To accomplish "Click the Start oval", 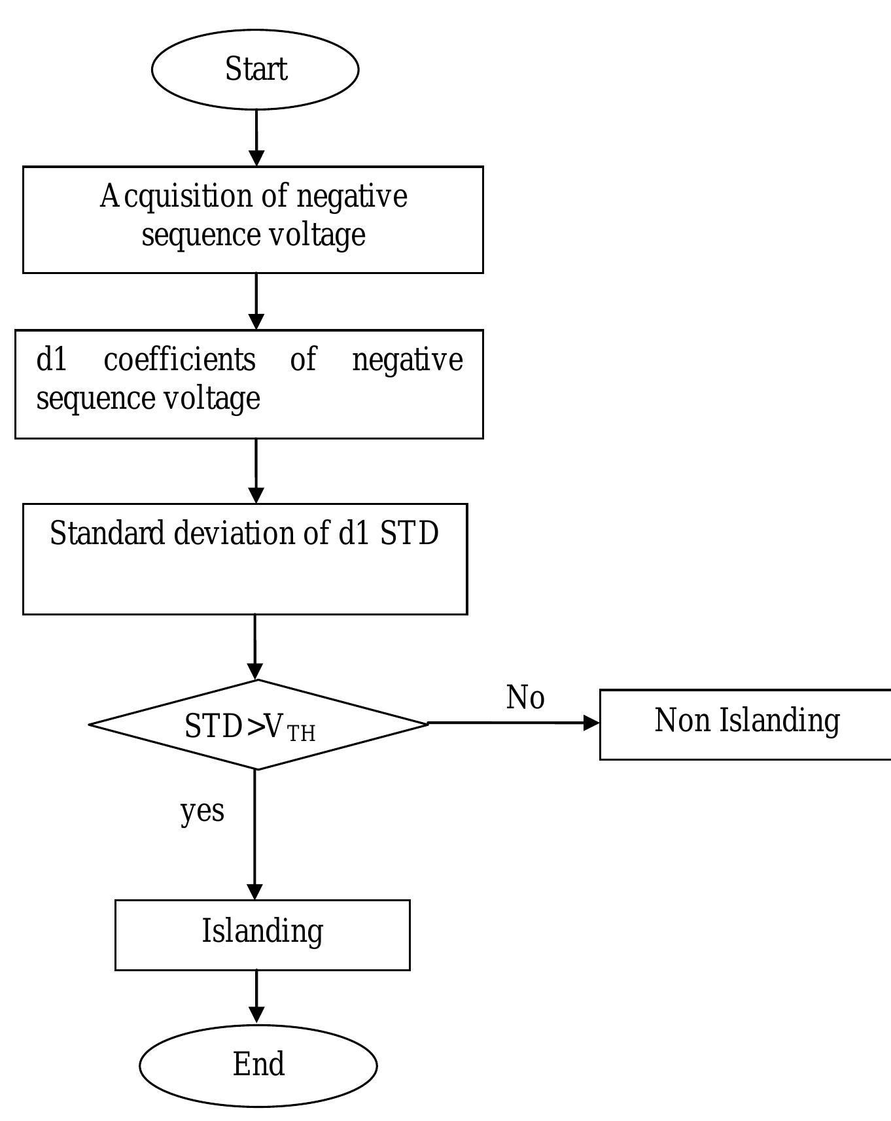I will [x=255, y=69].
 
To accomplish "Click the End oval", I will [x=258, y=1065].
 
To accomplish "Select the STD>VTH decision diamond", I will [x=258, y=725].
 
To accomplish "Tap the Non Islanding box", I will [x=746, y=725].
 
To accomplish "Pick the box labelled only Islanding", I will [x=262, y=935].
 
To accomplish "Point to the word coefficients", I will [x=179, y=360].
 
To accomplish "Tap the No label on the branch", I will [x=525, y=697].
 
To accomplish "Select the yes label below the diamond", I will [x=202, y=811].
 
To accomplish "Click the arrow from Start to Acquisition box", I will [x=256, y=138].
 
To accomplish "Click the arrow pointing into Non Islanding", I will [x=514, y=723].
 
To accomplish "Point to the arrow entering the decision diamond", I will [x=255, y=647].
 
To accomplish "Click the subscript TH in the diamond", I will [x=301, y=734].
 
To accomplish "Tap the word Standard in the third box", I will [x=106, y=534].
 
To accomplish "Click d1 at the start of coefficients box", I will [x=52, y=360].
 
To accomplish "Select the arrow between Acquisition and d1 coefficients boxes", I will [x=256, y=302].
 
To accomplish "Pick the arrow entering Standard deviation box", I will [x=256, y=471].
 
